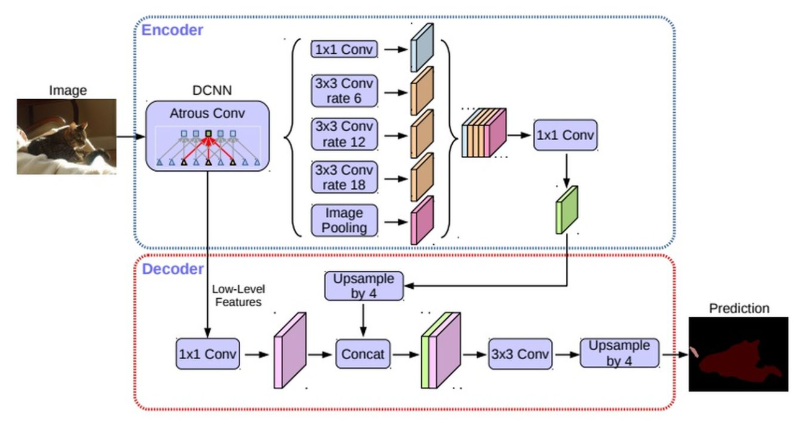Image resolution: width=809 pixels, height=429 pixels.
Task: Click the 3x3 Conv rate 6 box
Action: point(344,91)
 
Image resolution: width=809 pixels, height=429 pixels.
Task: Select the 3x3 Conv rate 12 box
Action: point(344,135)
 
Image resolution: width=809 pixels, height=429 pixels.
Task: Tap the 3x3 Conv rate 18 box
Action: point(344,177)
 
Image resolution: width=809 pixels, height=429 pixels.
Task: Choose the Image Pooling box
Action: point(344,221)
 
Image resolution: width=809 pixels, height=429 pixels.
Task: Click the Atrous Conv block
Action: point(207,136)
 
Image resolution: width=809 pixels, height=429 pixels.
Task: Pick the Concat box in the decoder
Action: point(363,355)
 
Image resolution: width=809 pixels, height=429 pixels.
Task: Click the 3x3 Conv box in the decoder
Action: point(520,355)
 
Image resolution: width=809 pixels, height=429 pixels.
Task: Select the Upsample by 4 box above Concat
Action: point(364,286)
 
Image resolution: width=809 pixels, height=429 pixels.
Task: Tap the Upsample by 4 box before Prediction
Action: point(619,353)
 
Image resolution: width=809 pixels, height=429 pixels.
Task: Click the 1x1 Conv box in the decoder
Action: point(207,355)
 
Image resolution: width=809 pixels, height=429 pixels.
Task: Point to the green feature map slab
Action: point(566,210)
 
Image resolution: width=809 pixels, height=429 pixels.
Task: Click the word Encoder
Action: point(172,30)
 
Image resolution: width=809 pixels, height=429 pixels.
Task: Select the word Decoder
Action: point(172,269)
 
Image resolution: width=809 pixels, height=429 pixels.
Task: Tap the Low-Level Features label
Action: point(236,296)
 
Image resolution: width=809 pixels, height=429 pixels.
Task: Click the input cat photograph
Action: point(66,136)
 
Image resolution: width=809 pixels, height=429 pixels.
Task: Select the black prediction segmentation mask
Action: point(738,354)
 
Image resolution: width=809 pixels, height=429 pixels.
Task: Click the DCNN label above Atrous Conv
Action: point(211,91)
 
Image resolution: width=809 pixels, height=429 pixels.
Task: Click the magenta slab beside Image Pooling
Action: point(422,221)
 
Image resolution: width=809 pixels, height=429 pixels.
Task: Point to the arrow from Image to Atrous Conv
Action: point(131,136)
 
